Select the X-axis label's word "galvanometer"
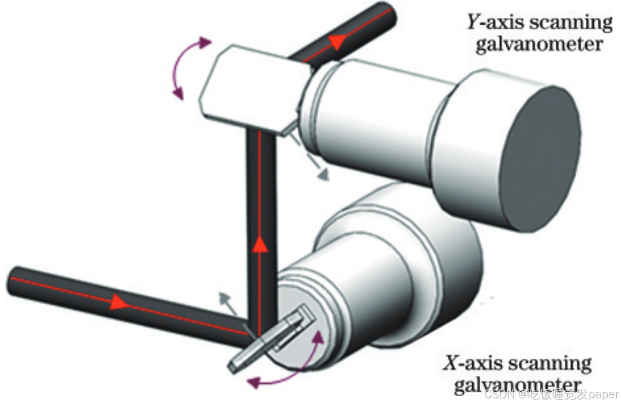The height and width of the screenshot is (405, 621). coord(516,385)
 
